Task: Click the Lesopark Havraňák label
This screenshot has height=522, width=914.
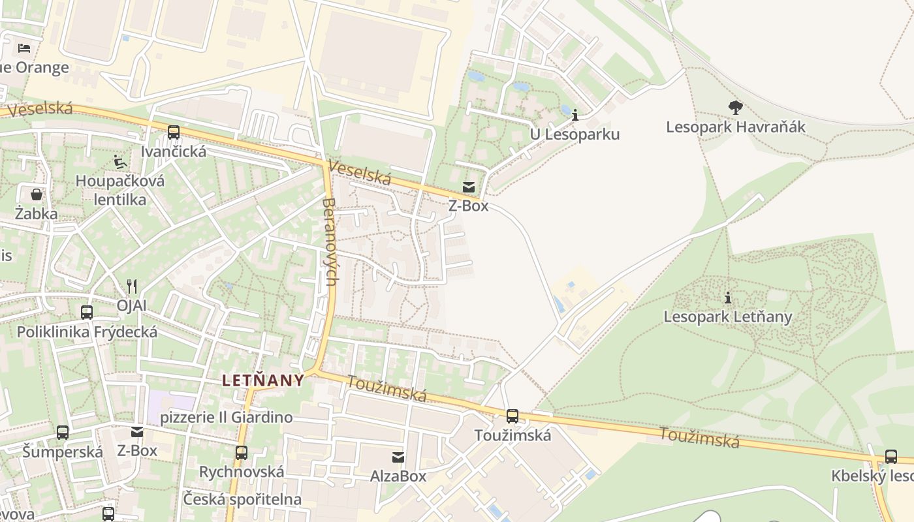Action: (736, 127)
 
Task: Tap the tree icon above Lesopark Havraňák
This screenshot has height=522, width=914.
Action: (736, 107)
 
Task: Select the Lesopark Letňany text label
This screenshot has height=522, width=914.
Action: (727, 317)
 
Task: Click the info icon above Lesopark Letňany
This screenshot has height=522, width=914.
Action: (727, 298)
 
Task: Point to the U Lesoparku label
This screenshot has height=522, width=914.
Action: (575, 134)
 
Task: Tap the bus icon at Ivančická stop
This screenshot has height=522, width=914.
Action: (174, 132)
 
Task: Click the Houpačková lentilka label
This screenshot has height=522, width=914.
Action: (120, 190)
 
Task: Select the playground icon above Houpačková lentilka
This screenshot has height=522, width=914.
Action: (120, 161)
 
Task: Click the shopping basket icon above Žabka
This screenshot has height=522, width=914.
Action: (37, 194)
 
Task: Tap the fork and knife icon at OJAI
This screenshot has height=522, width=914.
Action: (132, 286)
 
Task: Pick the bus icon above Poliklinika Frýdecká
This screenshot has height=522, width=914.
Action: (87, 313)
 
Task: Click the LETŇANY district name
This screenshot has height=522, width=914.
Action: (263, 380)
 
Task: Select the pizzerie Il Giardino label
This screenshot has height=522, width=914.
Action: (227, 417)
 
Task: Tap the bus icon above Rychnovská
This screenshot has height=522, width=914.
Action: (242, 452)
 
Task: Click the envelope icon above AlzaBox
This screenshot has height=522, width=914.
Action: (398, 457)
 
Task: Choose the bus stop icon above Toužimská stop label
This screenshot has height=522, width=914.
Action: (512, 416)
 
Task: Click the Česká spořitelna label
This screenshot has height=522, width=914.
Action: (242, 499)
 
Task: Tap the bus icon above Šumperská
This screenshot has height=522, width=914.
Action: (63, 432)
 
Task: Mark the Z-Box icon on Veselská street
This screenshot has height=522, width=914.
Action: (469, 187)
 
